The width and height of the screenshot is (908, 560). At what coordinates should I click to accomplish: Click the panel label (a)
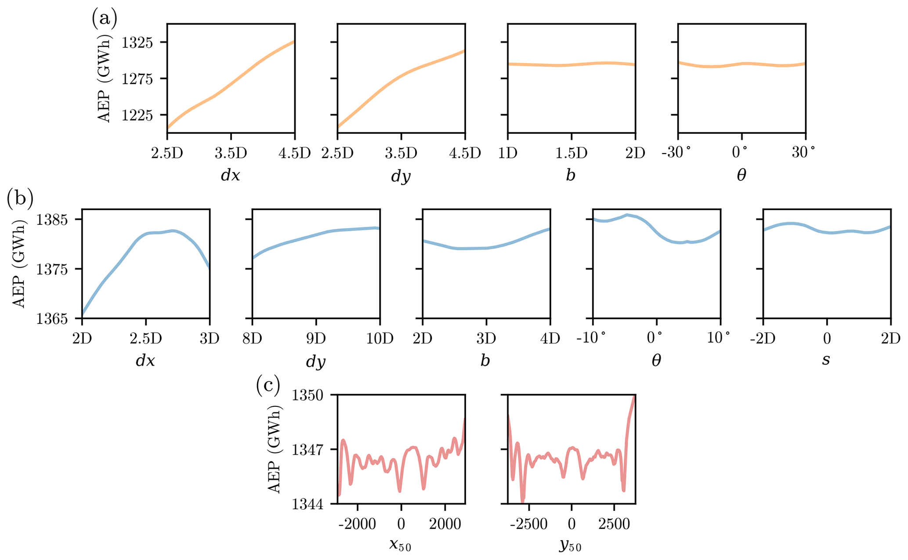click(104, 19)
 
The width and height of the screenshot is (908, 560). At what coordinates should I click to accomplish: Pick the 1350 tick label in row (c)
click(309, 395)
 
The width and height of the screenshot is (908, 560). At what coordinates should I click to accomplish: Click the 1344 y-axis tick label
click(309, 504)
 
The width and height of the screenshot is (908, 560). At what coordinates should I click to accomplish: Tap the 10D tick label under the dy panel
click(380, 339)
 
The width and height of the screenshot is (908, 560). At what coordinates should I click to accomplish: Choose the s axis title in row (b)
click(826, 360)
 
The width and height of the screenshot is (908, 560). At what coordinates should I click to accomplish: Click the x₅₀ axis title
click(400, 545)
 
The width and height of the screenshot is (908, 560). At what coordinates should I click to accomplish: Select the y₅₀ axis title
click(571, 545)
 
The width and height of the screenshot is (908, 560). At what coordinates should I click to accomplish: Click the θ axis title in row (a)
click(742, 175)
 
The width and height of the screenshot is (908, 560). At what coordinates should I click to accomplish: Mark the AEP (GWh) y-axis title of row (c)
click(275, 449)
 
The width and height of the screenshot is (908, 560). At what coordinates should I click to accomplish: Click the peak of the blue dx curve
click(173, 230)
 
